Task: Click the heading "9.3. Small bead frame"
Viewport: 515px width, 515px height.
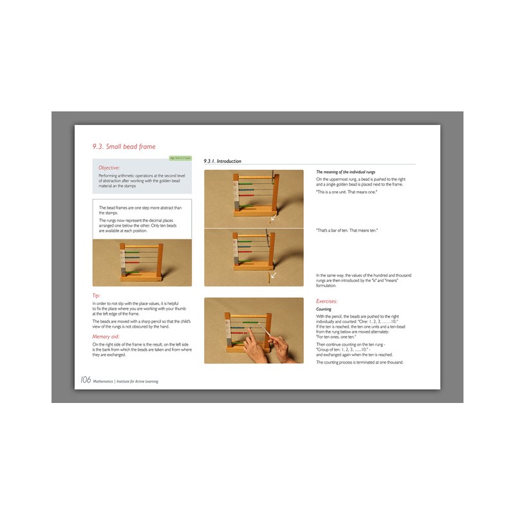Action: click(x=124, y=146)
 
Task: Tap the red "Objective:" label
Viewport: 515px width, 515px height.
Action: click(x=109, y=167)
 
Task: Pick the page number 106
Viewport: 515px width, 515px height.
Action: click(x=85, y=380)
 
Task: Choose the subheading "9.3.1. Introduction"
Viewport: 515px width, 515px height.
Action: click(x=222, y=161)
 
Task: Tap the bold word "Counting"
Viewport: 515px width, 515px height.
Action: click(x=324, y=309)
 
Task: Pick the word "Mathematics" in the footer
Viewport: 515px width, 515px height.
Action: click(x=103, y=381)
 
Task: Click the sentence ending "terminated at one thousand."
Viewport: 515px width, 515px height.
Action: click(x=360, y=362)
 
